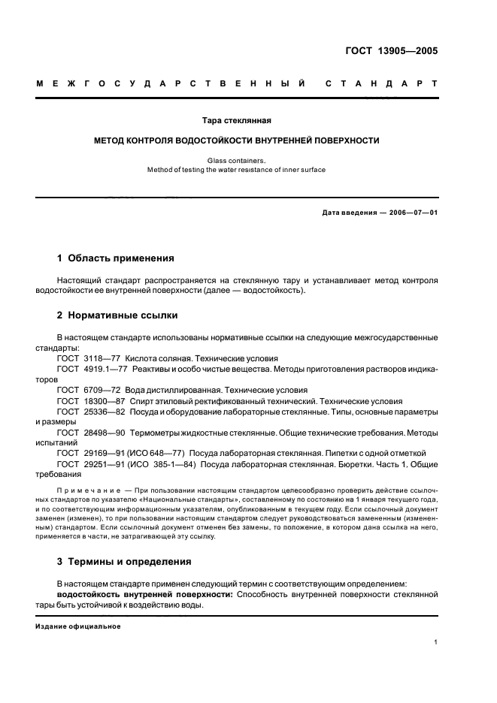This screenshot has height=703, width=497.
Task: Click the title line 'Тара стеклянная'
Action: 237,120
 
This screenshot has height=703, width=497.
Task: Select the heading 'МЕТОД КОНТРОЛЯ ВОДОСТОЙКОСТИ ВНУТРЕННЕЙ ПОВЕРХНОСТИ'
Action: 237,140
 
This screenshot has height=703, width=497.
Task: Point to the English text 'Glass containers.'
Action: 237,160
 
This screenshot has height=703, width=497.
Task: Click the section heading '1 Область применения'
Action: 116,258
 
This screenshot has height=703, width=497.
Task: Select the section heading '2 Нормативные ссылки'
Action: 117,315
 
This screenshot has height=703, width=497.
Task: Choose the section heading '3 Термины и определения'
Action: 124,561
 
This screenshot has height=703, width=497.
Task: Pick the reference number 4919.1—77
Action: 108,370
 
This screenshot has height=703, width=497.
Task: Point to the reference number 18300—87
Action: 105,401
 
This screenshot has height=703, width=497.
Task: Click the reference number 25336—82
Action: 105,412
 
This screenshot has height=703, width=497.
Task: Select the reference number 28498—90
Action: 105,433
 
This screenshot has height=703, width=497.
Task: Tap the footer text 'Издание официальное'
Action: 77,626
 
